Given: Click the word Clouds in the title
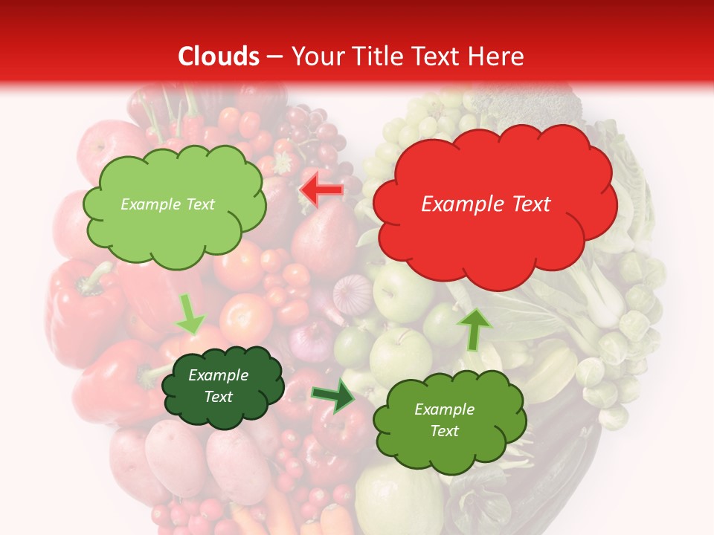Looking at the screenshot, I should (219, 56).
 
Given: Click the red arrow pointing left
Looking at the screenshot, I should (321, 191).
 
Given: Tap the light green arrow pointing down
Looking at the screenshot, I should (189, 314).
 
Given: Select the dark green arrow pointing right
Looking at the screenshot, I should (332, 395).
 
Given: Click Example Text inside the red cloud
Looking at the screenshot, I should (486, 204).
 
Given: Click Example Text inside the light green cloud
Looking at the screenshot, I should (167, 204).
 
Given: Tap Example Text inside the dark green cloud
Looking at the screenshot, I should (219, 386).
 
